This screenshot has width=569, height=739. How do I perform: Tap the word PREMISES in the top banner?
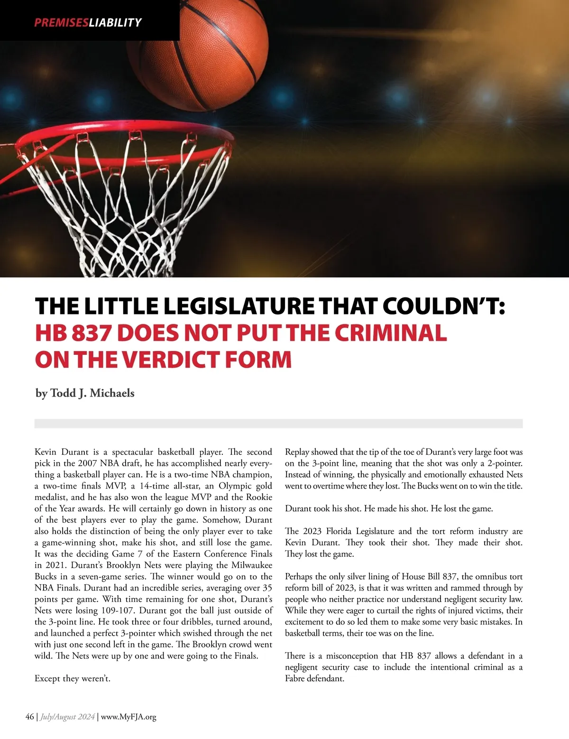(61, 22)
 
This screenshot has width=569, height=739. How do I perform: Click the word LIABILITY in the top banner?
(115, 22)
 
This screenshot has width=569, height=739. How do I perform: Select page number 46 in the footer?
(29, 717)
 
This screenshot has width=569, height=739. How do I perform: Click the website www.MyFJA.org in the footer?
(128, 717)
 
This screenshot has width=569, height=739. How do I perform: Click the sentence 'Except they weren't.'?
(72, 679)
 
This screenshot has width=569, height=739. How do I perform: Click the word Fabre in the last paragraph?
(295, 679)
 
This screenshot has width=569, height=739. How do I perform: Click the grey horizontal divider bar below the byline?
(278, 424)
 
